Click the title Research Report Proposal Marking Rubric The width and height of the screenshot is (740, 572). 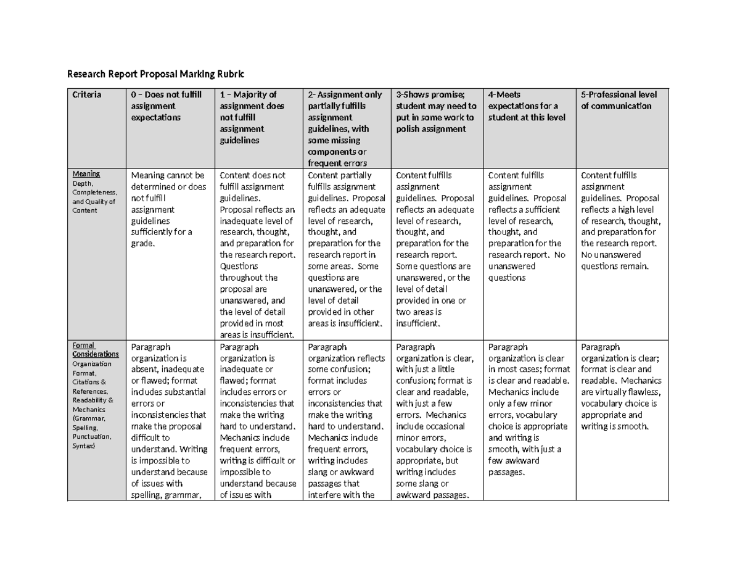155,75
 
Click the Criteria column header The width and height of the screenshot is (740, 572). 88,95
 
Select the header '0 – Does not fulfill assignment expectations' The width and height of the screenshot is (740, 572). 164,106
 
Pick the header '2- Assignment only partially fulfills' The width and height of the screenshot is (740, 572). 345,128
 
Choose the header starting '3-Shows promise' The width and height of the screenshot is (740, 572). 435,111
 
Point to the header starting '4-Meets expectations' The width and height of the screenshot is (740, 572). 526,106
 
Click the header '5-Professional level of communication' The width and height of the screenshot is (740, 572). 619,100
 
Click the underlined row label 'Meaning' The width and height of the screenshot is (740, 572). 86,175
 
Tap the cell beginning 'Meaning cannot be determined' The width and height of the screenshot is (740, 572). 166,209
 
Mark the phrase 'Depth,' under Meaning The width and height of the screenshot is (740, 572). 84,183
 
